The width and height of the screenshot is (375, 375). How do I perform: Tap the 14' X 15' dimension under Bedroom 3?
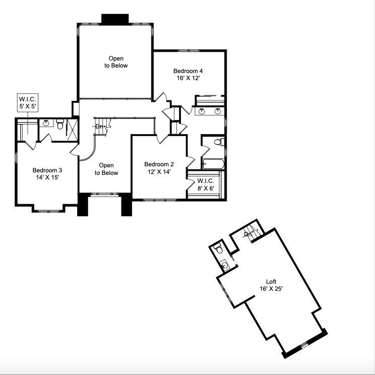pyautogui.click(x=46, y=178)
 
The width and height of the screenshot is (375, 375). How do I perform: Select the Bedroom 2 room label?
pyautogui.click(x=159, y=164)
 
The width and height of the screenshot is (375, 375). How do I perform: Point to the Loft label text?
pyautogui.click(x=271, y=281)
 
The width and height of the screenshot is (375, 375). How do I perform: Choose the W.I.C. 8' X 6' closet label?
pyautogui.click(x=206, y=184)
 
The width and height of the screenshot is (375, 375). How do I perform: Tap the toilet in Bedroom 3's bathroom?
pyautogui.click(x=60, y=124)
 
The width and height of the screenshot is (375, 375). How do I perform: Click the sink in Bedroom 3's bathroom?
pyautogui.click(x=46, y=122)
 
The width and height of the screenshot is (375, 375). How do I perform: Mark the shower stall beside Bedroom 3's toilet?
pyautogui.click(x=72, y=130)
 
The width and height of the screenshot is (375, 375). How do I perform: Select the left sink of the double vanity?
pyautogui.click(x=202, y=111)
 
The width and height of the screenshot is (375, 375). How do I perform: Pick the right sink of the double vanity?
pyautogui.click(x=218, y=111)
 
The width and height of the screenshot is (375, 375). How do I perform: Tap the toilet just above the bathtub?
pyautogui.click(x=218, y=142)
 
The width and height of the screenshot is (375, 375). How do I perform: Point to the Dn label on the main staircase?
pyautogui.click(x=99, y=127)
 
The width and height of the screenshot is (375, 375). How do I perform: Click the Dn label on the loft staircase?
pyautogui.click(x=248, y=234)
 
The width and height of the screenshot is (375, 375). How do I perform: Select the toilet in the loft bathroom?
pyautogui.click(x=218, y=248)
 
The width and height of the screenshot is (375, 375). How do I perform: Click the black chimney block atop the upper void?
pyautogui.click(x=115, y=19)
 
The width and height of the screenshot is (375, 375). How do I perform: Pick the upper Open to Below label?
pyautogui.click(x=116, y=62)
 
